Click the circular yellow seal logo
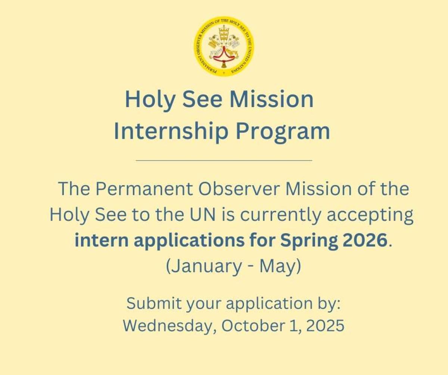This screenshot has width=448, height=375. coord(224,47)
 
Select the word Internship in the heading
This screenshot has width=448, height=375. coord(171,131)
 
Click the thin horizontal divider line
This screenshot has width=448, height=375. coord(224,160)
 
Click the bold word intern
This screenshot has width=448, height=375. coord(102,240)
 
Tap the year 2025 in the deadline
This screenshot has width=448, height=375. coord(326,326)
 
